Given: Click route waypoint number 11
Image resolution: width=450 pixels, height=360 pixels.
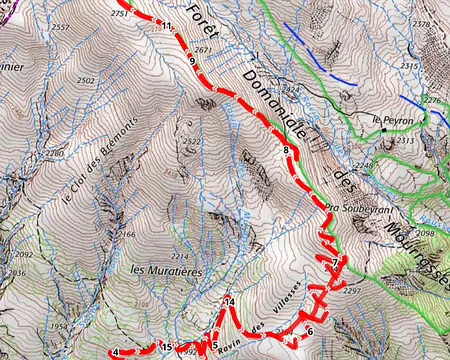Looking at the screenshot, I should pyautogui.click(x=166, y=26).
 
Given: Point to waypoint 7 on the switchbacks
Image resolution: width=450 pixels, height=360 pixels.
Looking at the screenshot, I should pyautogui.click(x=335, y=262).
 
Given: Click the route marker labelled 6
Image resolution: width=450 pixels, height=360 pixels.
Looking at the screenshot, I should pyautogui.click(x=310, y=331).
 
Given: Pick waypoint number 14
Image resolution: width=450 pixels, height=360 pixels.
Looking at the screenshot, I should pyautogui.click(x=229, y=301).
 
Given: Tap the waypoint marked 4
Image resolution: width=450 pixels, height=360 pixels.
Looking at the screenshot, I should pyautogui.click(x=117, y=352).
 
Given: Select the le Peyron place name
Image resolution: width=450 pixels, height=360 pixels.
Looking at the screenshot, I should pyautogui.click(x=392, y=120).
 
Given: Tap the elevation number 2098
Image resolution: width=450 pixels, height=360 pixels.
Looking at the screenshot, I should pyautogui.click(x=424, y=233).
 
